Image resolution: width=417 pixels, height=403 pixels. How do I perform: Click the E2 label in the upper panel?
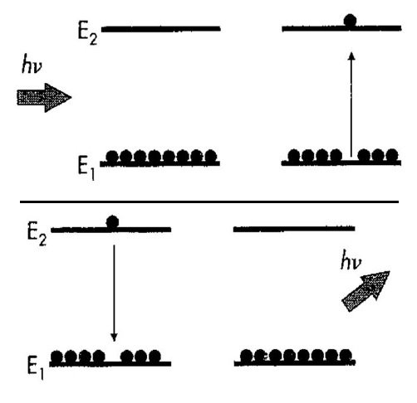(x=87, y=35)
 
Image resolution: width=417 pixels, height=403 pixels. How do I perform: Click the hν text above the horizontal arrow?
(x=32, y=66)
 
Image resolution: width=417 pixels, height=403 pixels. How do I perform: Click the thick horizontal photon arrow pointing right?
(x=44, y=98)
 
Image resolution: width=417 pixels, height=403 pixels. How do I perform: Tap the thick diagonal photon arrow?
(x=366, y=291)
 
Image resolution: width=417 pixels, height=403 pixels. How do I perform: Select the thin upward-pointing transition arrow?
(x=351, y=104)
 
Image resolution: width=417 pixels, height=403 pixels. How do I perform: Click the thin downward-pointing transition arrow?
(x=114, y=293)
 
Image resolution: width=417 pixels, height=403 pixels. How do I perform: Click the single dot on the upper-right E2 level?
(x=350, y=21)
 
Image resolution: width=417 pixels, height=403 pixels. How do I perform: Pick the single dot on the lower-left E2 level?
(x=113, y=221)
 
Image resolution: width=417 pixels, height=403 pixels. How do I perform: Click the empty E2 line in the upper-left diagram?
(x=161, y=29)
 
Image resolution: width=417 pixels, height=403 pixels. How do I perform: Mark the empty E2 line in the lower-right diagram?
(x=294, y=229)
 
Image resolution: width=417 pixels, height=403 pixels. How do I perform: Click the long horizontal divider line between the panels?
(x=209, y=202)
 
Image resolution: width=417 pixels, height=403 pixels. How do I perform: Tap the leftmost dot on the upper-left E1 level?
(x=112, y=157)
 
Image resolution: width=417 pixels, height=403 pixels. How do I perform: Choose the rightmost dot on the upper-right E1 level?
(x=392, y=155)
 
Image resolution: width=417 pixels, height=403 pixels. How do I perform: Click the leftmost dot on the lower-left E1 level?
(x=56, y=357)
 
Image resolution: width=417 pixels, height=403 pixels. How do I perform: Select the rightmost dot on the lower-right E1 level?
(x=346, y=356)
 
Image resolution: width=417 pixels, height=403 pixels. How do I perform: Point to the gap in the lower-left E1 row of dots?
(x=113, y=358)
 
